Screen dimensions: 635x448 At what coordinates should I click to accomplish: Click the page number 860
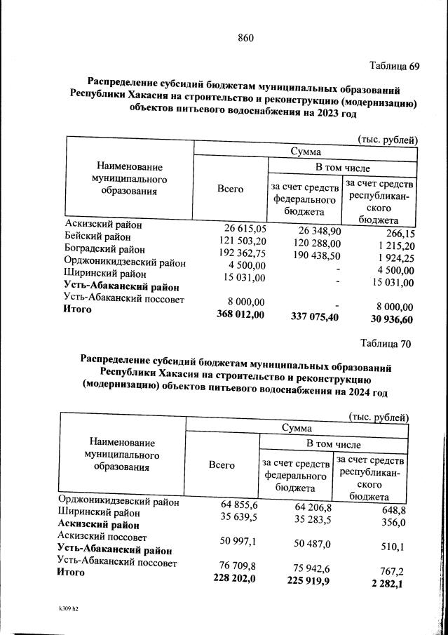pyautogui.click(x=245, y=38)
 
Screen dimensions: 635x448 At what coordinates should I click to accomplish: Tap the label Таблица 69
pyautogui.click(x=394, y=67)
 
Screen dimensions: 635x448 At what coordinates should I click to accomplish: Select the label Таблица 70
pyautogui.click(x=385, y=344)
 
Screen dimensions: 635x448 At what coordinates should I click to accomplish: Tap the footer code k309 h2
pyautogui.click(x=69, y=609)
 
